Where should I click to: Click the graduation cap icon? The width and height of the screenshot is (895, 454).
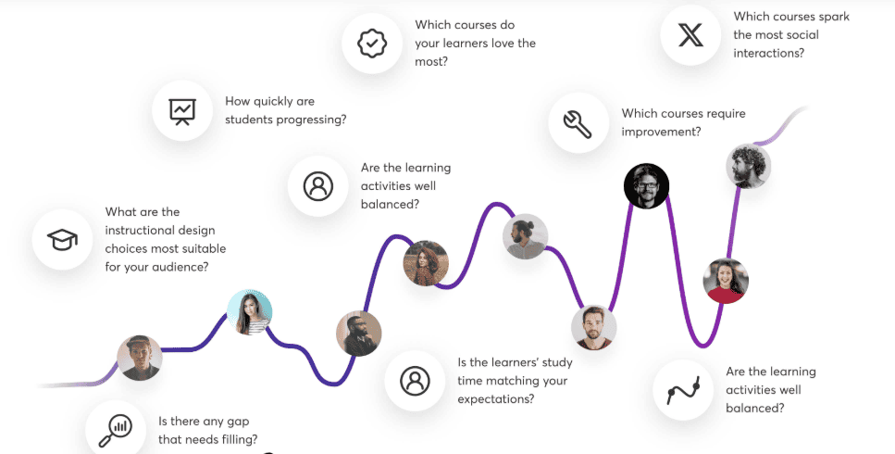pyautogui.click(x=62, y=239)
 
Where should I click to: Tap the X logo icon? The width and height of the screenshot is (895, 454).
pyautogui.click(x=690, y=35)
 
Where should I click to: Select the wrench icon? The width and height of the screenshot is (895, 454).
pyautogui.click(x=578, y=123)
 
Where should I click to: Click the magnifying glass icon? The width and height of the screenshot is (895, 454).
pyautogui.click(x=116, y=431)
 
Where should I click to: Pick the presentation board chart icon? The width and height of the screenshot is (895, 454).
pyautogui.click(x=182, y=111)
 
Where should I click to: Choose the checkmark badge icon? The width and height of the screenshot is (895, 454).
pyautogui.click(x=372, y=44)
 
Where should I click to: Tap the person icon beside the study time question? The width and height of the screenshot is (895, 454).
pyautogui.click(x=415, y=381)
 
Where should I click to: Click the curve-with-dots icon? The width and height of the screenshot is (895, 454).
pyautogui.click(x=683, y=391)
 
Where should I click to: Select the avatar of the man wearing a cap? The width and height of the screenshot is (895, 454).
pyautogui.click(x=139, y=358)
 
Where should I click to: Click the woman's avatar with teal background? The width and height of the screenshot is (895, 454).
pyautogui.click(x=250, y=312)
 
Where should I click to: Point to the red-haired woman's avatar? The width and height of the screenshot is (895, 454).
pyautogui.click(x=426, y=263)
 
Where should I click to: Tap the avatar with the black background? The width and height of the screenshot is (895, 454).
pyautogui.click(x=646, y=186)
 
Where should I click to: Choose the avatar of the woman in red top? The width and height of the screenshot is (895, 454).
pyautogui.click(x=726, y=281)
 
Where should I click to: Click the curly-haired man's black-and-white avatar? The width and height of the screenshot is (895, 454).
pyautogui.click(x=749, y=166)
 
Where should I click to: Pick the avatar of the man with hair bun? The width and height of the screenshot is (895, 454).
pyautogui.click(x=525, y=236)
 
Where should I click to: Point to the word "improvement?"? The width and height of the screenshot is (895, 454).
pyautogui.click(x=661, y=132)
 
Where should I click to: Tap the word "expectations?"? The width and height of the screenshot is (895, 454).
pyautogui.click(x=495, y=399)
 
